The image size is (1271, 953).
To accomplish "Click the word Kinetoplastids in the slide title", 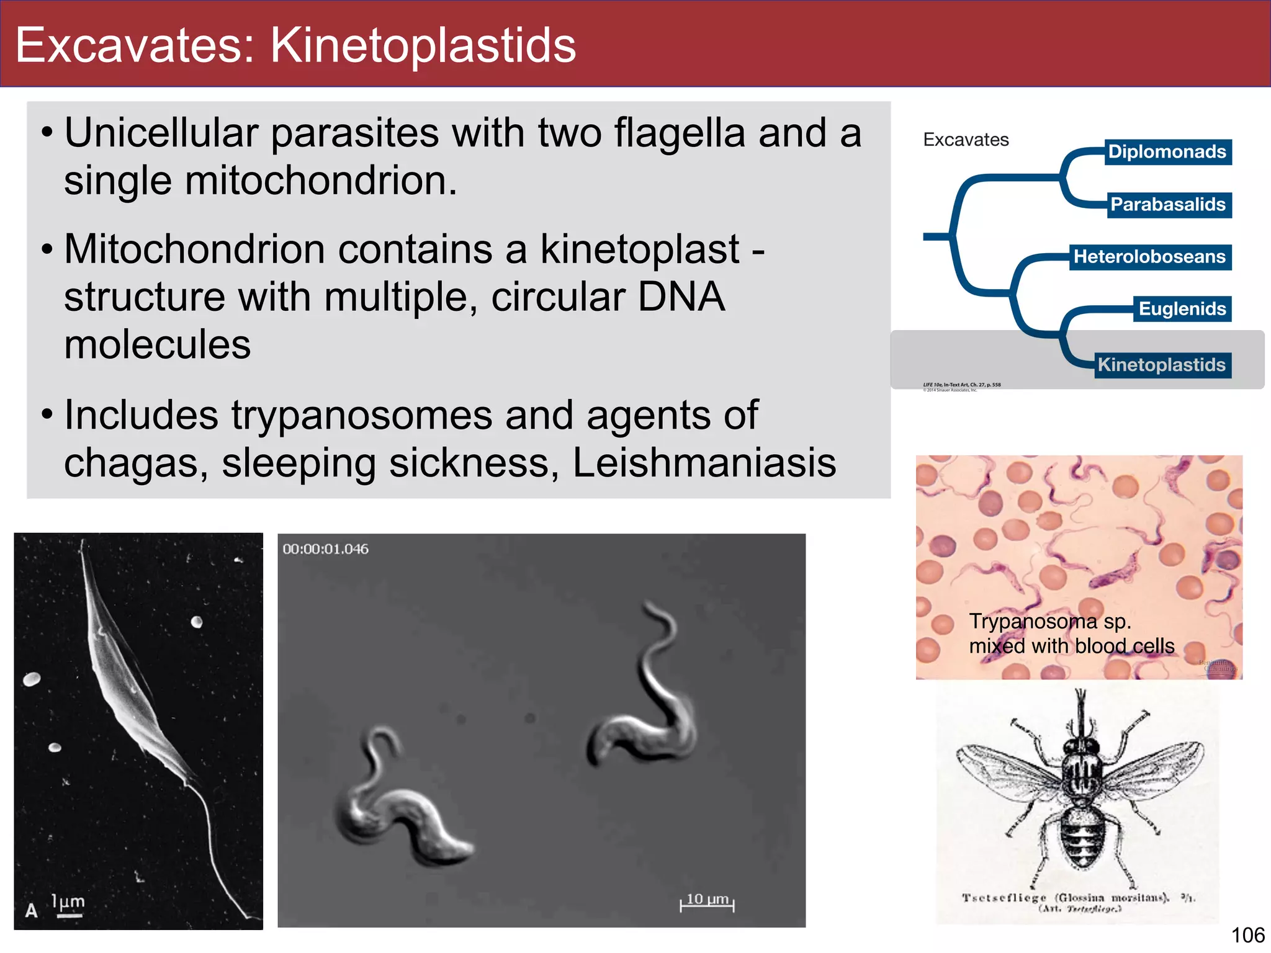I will (x=423, y=45).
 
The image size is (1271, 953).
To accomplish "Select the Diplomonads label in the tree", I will (x=1167, y=152).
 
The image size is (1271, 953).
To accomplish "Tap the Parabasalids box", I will (x=1167, y=205).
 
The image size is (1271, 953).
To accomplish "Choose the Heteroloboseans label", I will (x=1149, y=257).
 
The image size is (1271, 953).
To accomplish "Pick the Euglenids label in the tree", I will (x=1182, y=309).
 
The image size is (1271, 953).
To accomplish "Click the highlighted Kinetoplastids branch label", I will (x=1161, y=365).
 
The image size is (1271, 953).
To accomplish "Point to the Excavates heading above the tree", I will (x=966, y=140).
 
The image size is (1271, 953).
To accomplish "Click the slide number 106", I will (x=1247, y=935).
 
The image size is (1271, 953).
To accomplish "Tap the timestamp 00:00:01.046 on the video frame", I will (x=325, y=549).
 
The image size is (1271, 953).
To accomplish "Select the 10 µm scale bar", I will (x=707, y=903).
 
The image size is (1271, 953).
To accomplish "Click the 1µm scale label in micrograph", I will (x=68, y=903).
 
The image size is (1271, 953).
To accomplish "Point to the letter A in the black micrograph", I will (x=31, y=910).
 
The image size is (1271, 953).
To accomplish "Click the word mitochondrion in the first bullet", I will (x=321, y=181).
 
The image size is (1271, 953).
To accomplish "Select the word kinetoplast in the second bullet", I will (x=639, y=249).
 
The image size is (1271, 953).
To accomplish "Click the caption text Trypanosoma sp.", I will (x=1050, y=621).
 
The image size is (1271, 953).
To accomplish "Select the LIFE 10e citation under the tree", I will (x=961, y=385).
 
